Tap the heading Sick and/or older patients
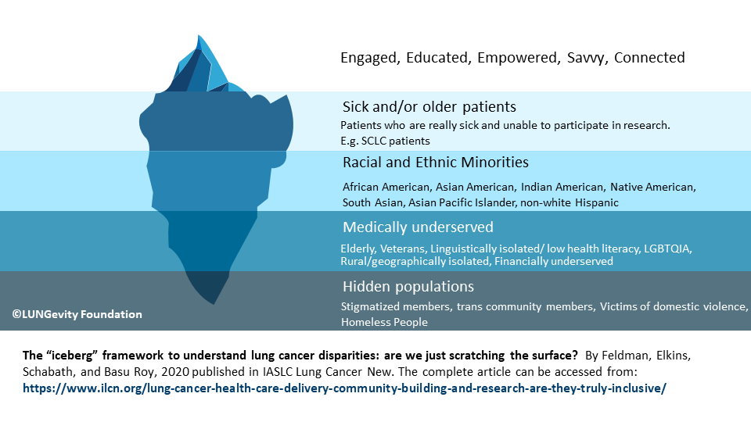pos(429,107)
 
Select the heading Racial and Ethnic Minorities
pos(436,163)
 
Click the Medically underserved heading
pos(418,227)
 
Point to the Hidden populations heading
pos(408,287)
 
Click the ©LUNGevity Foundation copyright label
pos(77,314)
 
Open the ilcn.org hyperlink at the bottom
pos(344,388)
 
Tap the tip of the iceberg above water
pos(198,35)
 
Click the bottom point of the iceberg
pos(214,304)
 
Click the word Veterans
pos(403,249)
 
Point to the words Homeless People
pos(384,322)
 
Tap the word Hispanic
pos(597,203)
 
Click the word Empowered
pos(519,58)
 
